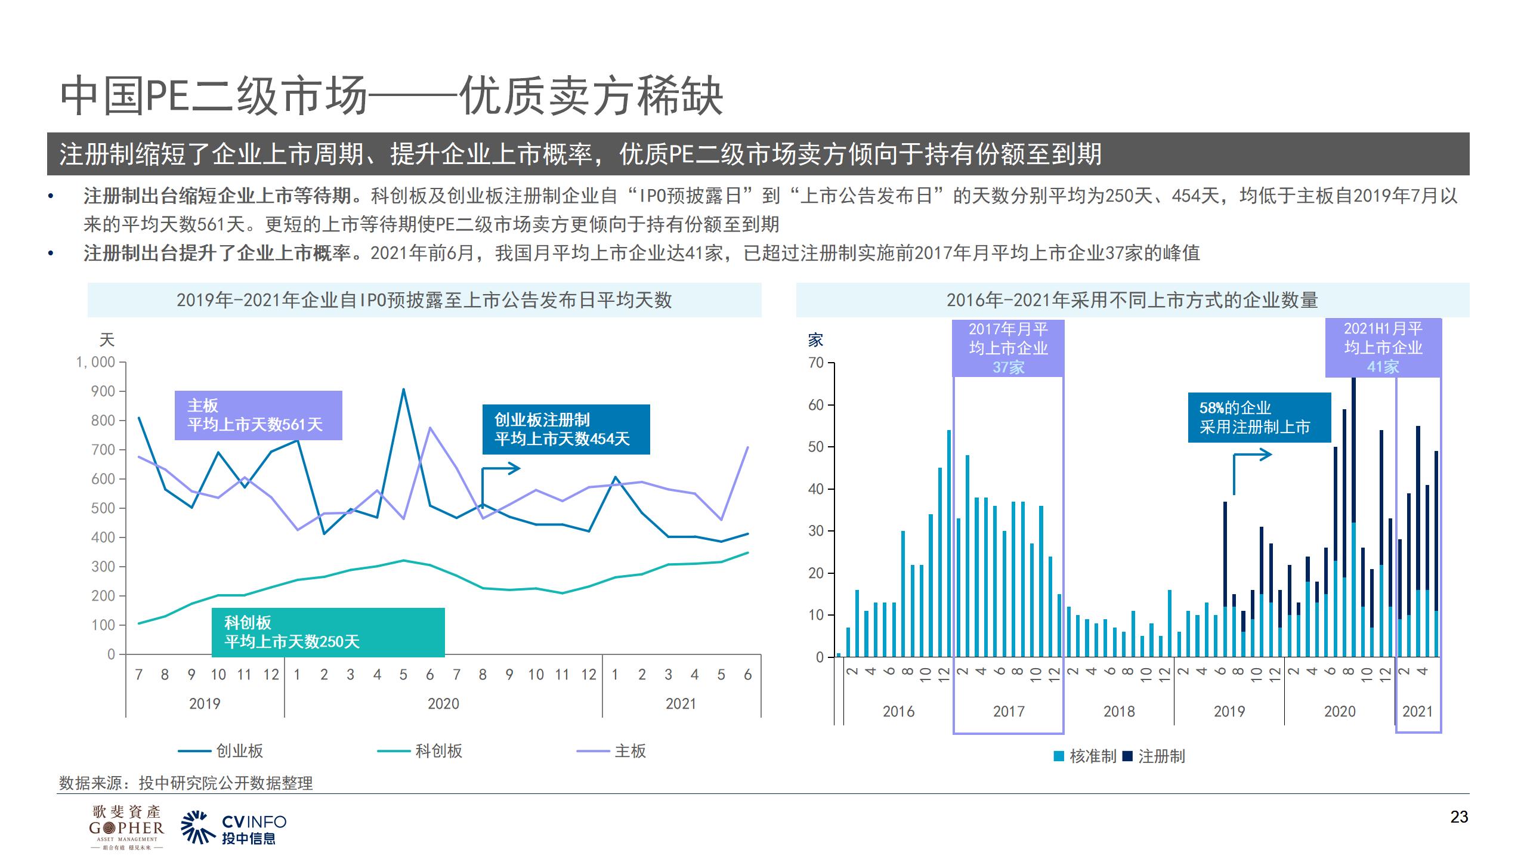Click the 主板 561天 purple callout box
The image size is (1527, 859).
click(x=258, y=415)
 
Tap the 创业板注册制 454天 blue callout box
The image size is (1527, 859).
click(x=565, y=429)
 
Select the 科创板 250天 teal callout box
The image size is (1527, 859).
click(x=328, y=632)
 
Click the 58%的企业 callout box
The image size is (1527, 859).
click(x=1259, y=418)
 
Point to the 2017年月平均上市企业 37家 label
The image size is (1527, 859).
click(x=1008, y=348)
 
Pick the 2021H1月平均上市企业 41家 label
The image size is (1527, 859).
click(x=1383, y=348)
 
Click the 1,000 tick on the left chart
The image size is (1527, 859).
click(x=95, y=362)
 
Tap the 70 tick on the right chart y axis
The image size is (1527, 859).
click(x=815, y=363)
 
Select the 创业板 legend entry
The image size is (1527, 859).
click(x=221, y=751)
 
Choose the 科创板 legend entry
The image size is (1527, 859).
click(x=421, y=751)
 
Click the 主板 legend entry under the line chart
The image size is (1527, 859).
click(x=612, y=751)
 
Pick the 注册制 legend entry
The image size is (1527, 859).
click(x=1154, y=756)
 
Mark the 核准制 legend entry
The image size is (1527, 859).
click(x=1086, y=756)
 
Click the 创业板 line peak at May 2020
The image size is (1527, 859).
click(x=403, y=390)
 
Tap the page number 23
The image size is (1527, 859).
click(x=1459, y=817)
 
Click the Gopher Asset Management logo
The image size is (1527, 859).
click(x=126, y=827)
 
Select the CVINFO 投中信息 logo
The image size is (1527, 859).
click(x=234, y=828)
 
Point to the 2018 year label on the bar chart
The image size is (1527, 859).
click(x=1118, y=712)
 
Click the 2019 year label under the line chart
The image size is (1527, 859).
click(x=205, y=704)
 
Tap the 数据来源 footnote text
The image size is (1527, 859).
click(x=186, y=783)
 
